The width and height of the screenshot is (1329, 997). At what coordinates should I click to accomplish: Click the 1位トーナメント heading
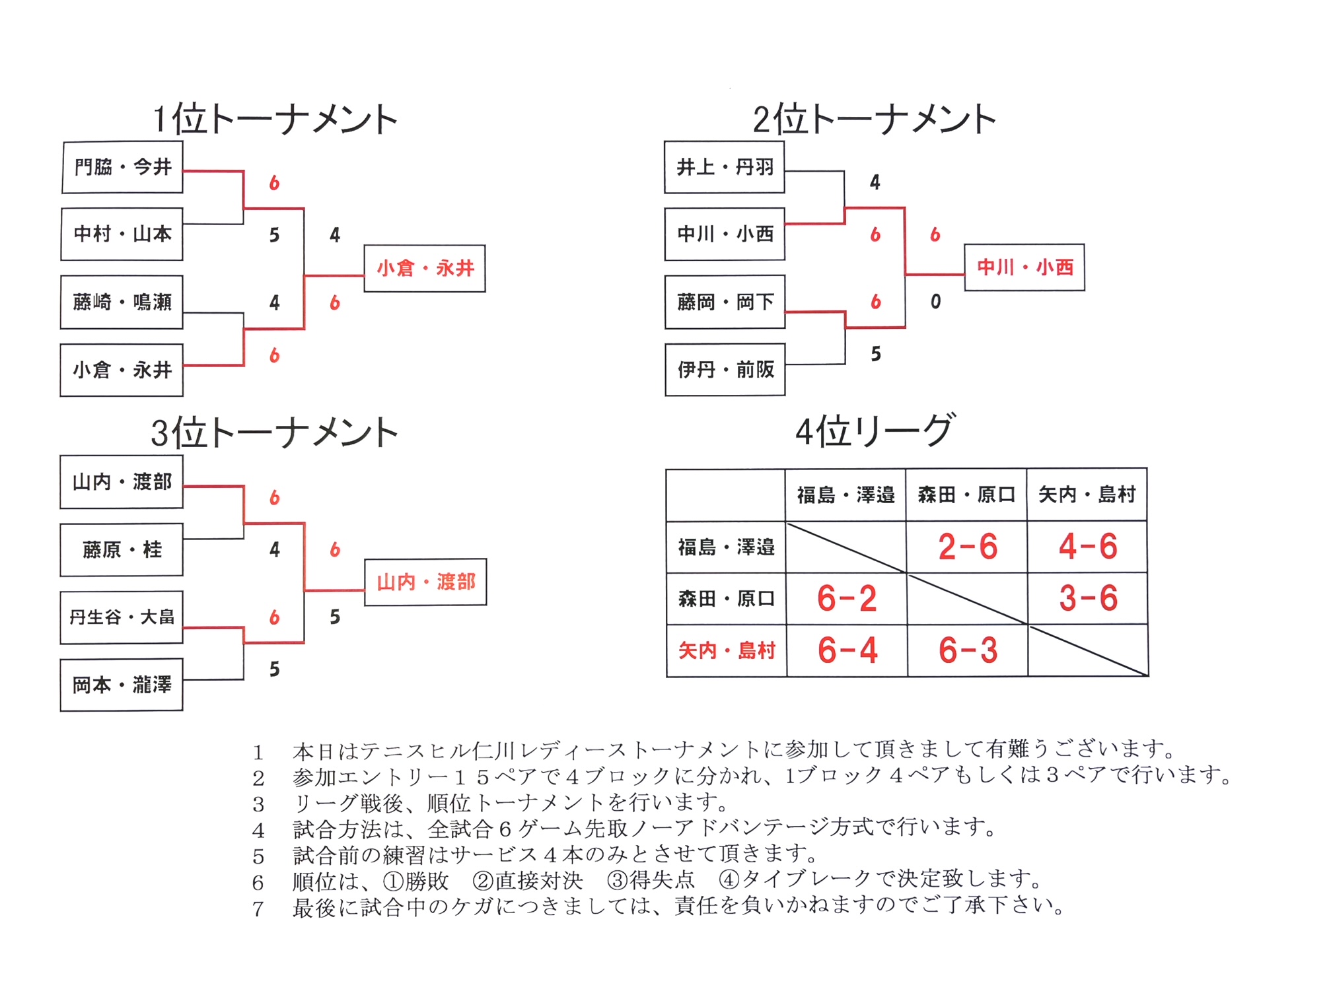[275, 120]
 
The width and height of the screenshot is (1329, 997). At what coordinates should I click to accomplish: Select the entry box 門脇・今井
[122, 167]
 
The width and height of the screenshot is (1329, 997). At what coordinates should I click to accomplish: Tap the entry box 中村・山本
[122, 234]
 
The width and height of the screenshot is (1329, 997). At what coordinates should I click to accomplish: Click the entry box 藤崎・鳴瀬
[122, 302]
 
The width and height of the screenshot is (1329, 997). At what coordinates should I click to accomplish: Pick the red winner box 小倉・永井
[425, 269]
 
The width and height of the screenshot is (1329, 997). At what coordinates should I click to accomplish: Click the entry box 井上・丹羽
[725, 167]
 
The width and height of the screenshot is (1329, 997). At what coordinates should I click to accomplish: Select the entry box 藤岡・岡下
[725, 302]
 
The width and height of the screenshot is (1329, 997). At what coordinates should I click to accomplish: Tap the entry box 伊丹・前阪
[725, 370]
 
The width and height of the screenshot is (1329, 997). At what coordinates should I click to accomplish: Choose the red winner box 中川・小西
[1024, 267]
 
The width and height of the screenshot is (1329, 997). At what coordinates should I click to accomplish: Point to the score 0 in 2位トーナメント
[935, 302]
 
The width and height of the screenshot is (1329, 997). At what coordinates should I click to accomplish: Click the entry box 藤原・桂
[122, 550]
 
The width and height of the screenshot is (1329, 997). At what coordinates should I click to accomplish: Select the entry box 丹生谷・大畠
[122, 617]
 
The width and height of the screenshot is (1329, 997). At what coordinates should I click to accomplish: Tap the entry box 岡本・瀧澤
[122, 685]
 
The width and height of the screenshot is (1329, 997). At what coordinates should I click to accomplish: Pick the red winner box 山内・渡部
[425, 582]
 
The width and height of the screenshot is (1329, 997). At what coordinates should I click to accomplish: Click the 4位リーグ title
[875, 431]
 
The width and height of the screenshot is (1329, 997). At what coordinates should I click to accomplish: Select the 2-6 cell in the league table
[967, 547]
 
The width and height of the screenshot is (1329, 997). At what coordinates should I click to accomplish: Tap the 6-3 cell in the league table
[967, 650]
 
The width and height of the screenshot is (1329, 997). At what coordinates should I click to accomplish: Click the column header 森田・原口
[966, 495]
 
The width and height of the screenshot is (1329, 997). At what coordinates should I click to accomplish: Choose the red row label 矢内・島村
[726, 651]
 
